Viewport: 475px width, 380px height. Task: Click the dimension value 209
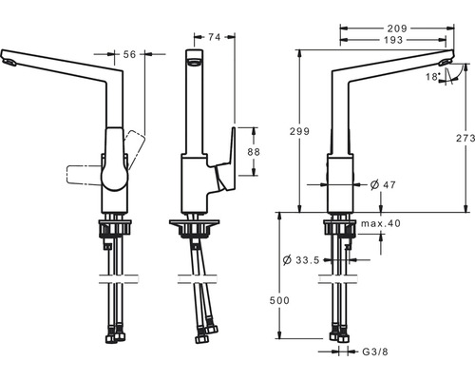tap(397, 28)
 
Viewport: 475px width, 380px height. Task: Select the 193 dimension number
tap(393, 40)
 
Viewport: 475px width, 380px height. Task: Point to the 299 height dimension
tap(299, 131)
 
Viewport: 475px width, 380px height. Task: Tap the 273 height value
tap(465, 138)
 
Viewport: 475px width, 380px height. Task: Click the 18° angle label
tap(433, 77)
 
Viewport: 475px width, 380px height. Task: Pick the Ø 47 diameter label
tap(383, 184)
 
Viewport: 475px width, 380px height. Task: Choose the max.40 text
tap(381, 223)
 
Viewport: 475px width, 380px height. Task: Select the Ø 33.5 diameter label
tap(301, 260)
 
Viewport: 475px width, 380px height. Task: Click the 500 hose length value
tap(279, 300)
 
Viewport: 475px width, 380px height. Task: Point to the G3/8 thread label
tap(375, 351)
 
